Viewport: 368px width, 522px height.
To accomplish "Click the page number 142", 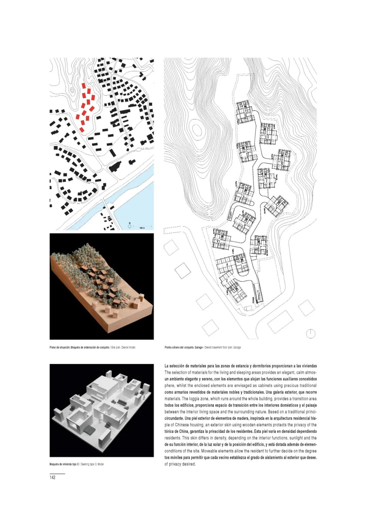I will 52,477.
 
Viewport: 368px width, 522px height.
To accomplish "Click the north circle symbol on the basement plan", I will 310,334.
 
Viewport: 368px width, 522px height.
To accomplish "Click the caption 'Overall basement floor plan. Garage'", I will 223,348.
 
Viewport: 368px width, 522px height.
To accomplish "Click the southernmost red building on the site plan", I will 82,129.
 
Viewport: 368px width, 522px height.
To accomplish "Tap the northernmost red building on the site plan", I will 83,86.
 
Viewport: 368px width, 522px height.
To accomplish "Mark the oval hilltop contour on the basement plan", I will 196,130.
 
